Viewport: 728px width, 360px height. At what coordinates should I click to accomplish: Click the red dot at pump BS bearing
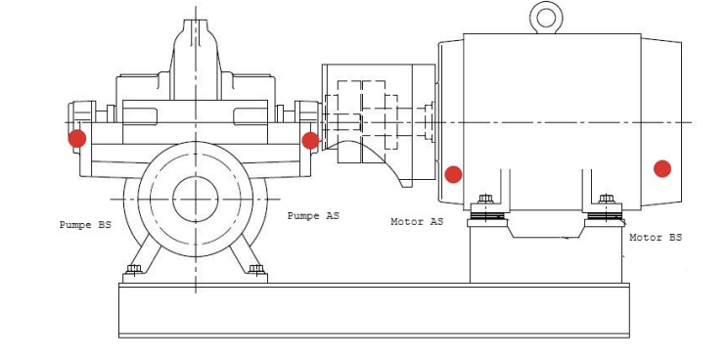point(77,138)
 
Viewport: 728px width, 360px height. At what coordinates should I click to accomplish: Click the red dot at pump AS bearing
point(310,141)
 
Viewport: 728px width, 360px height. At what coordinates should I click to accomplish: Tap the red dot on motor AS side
point(453,174)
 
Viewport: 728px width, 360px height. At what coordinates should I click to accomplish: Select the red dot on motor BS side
point(662,169)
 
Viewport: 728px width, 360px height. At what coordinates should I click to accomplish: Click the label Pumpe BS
point(85,225)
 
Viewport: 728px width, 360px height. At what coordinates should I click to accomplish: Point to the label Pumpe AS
point(313,216)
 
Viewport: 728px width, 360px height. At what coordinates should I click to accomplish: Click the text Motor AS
point(417,222)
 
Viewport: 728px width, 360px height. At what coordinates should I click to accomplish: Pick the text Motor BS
point(656,238)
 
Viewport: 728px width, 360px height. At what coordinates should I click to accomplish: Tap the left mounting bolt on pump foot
point(134,269)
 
